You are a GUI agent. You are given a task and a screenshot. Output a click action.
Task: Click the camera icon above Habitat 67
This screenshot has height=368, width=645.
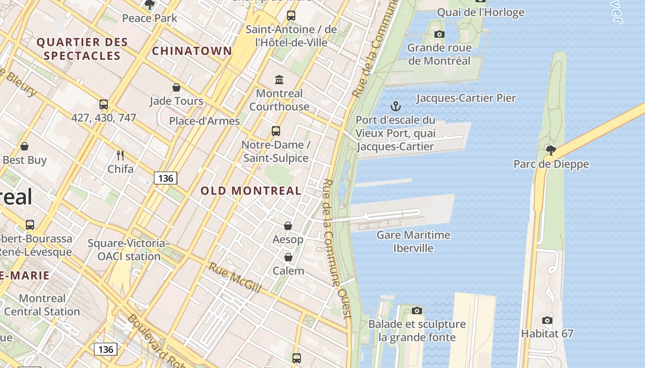click(547, 321)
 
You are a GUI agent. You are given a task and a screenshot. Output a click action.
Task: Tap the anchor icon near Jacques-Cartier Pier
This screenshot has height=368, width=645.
click(395, 107)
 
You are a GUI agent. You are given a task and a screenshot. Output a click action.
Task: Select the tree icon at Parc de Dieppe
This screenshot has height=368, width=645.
click(551, 150)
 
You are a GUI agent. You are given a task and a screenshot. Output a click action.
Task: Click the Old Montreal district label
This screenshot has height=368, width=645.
click(251, 190)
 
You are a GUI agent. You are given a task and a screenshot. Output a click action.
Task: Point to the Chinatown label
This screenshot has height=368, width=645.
click(192, 51)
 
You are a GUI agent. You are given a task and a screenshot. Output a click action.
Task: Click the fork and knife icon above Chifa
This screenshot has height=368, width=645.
click(120, 155)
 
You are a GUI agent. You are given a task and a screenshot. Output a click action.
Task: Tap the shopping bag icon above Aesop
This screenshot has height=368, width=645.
click(288, 226)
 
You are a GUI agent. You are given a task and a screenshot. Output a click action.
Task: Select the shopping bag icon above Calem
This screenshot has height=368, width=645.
click(288, 257)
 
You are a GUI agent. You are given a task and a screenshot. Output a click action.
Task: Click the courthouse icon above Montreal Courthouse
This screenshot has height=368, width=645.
click(279, 80)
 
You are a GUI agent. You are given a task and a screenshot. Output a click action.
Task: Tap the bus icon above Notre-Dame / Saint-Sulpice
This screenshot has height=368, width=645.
click(276, 131)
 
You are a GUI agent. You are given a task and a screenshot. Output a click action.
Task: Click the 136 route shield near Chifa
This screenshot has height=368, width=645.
click(165, 178)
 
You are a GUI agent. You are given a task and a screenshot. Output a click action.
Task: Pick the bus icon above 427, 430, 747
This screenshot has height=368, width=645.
click(104, 104)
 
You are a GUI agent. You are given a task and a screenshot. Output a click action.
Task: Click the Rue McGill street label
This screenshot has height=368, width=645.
click(235, 277)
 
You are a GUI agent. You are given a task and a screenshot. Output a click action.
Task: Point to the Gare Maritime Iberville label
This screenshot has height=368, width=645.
click(413, 241)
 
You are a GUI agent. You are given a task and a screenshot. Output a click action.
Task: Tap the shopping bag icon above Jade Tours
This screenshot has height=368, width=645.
click(176, 87)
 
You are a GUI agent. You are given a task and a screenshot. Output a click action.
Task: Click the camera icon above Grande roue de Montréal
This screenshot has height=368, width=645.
click(440, 34)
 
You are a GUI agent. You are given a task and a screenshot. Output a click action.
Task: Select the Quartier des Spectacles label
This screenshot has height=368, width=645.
click(82, 49)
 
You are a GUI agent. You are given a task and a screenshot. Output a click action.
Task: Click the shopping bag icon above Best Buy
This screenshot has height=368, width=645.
click(24, 146)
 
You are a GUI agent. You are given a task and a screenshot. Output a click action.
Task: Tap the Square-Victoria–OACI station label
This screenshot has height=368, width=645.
click(129, 249)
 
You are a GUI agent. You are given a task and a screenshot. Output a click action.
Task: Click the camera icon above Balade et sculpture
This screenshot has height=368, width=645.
click(417, 311)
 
